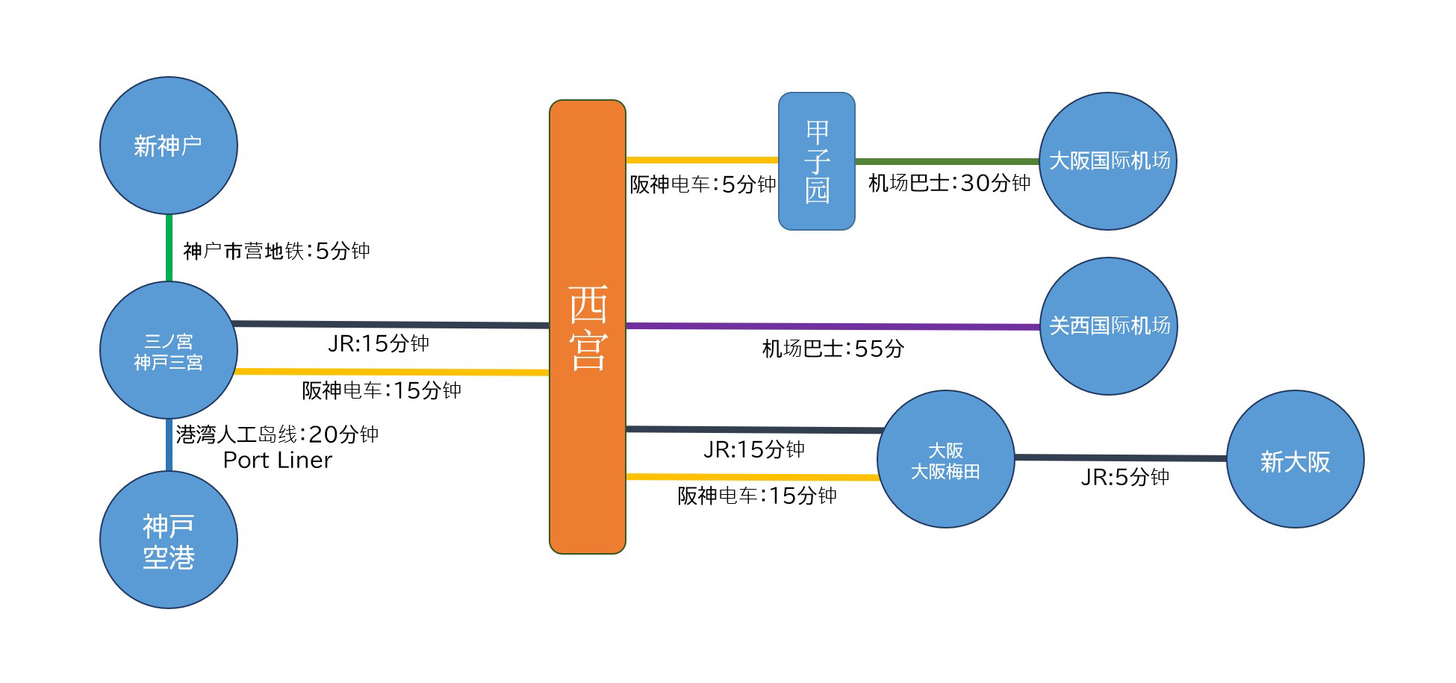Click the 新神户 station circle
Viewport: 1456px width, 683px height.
point(169,146)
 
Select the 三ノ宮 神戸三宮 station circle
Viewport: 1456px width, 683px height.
point(169,350)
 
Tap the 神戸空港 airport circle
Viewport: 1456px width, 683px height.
point(169,540)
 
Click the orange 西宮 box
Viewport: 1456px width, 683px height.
point(588,327)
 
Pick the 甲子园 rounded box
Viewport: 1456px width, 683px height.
point(817,161)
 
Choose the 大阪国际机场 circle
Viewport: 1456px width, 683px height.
point(1108,161)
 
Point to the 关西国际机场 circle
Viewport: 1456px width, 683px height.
point(1109,326)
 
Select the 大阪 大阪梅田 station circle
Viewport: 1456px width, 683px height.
point(946,459)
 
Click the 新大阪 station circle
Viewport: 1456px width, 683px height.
point(1295,459)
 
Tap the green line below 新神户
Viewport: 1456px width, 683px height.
point(169,248)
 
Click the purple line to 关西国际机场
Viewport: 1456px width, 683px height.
point(833,326)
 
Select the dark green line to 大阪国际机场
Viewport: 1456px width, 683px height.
point(948,161)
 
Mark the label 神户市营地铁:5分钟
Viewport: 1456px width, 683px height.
point(277,251)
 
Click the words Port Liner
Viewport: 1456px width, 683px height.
point(278,461)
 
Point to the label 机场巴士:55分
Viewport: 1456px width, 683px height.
point(833,349)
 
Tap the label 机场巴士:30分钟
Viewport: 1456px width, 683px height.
point(950,183)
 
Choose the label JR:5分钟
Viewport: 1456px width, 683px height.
point(1125,477)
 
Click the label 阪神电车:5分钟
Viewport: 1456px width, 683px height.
point(703,184)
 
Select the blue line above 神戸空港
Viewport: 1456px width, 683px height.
point(169,445)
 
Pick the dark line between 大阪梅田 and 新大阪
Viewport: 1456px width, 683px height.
point(1121,458)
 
